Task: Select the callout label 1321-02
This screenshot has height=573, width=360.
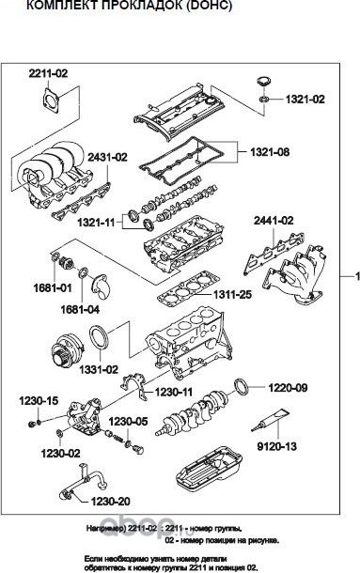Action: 305,98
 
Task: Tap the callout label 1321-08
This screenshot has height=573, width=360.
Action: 268,150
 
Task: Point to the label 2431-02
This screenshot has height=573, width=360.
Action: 106,157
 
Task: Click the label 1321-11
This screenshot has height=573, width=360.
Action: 95,222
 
